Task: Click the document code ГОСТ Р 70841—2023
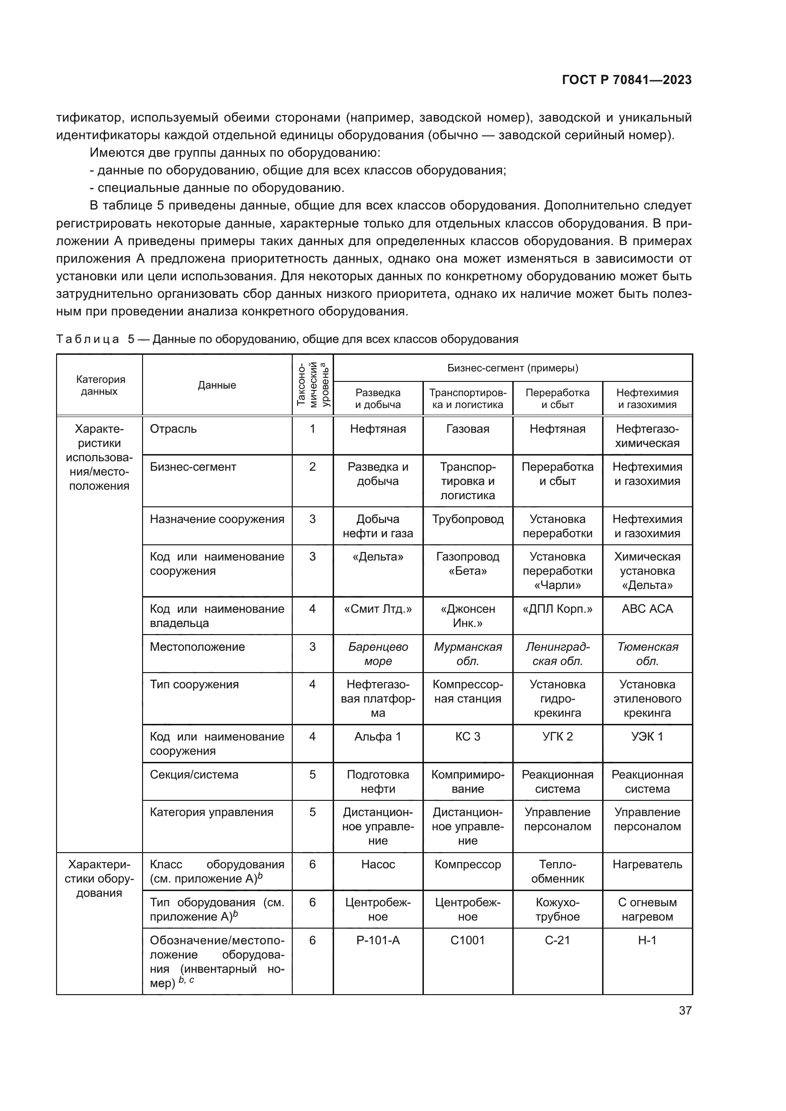coord(626,80)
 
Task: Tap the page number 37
coord(685,1010)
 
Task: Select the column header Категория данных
coord(99,385)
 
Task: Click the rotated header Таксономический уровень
coord(313,385)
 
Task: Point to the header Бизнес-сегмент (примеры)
coord(512,368)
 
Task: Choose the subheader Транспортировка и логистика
coord(468,398)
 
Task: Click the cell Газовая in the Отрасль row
coord(468,429)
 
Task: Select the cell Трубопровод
coord(468,519)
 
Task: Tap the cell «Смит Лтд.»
coord(377,609)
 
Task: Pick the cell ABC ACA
coord(647,609)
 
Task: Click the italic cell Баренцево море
coord(377,654)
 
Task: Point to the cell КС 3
coord(468,737)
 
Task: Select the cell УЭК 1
coord(647,737)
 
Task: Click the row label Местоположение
coord(197,647)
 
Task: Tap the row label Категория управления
coord(211,812)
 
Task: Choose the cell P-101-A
coord(377,940)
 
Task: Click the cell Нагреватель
coord(647,864)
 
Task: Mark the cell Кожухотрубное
coord(557,909)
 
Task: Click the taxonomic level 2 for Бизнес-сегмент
coord(312,467)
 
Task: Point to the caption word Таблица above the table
coord(87,339)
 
